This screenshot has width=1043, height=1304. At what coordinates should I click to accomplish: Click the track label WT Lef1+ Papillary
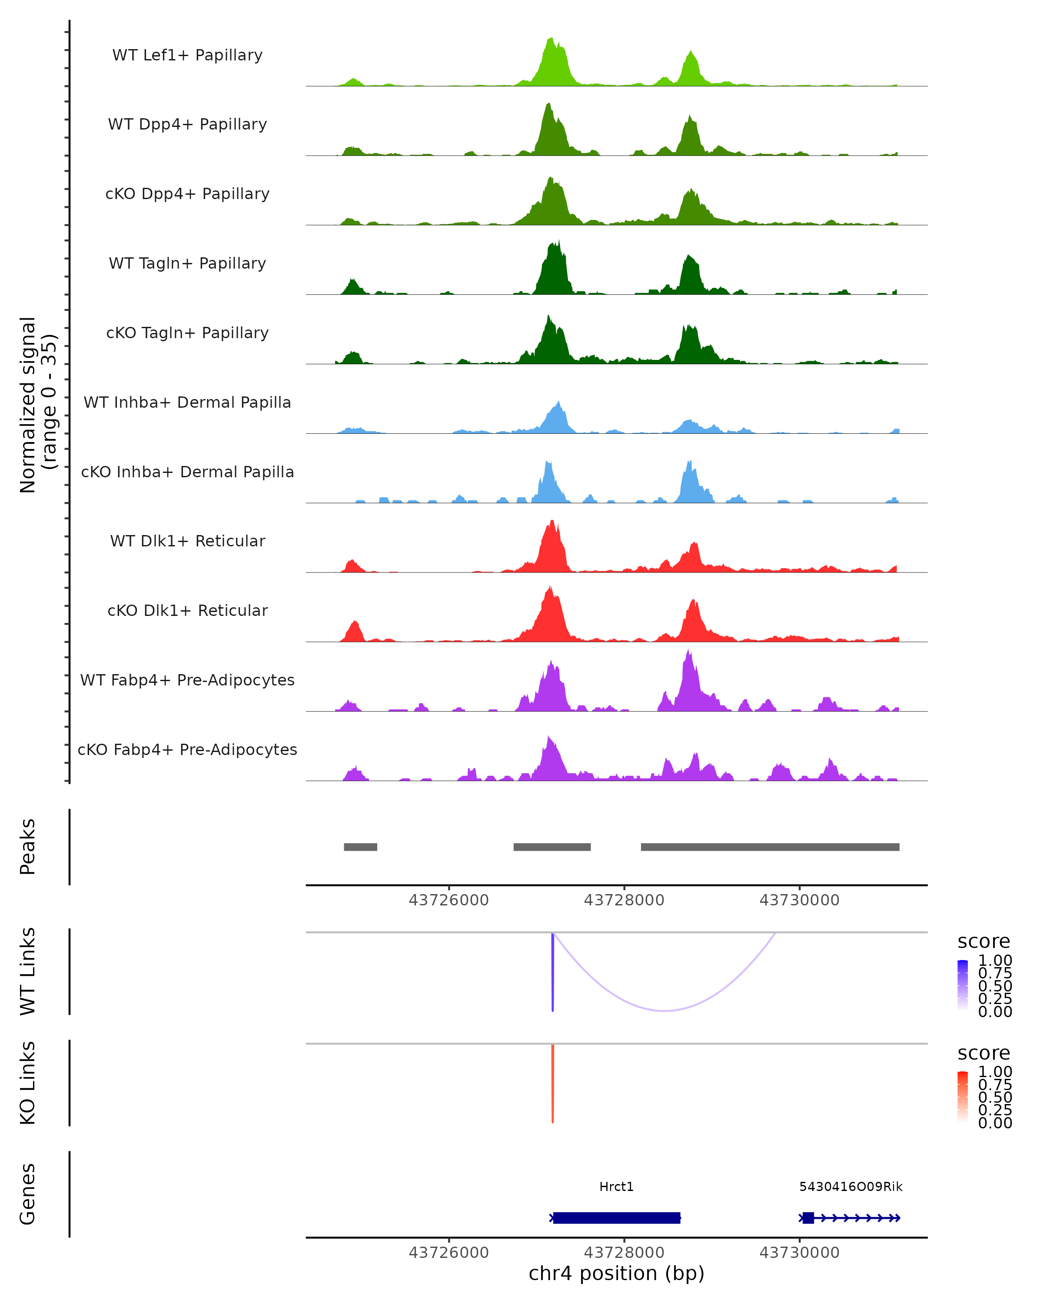pyautogui.click(x=187, y=55)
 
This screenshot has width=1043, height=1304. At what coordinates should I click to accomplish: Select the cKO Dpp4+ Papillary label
pyautogui.click(x=187, y=193)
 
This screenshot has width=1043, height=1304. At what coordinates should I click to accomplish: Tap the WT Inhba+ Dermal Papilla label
pyautogui.click(x=187, y=402)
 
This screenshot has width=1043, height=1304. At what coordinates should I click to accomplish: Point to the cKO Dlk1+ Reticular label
pyautogui.click(x=187, y=610)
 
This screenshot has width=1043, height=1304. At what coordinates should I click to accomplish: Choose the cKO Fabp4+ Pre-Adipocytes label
pyautogui.click(x=187, y=749)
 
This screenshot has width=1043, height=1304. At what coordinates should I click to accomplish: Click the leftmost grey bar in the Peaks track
pyautogui.click(x=360, y=847)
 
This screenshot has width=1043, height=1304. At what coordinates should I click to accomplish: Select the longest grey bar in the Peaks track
pyautogui.click(x=770, y=847)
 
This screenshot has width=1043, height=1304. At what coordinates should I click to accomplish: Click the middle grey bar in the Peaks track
pyautogui.click(x=552, y=847)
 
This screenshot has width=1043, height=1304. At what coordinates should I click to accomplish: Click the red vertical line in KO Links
pyautogui.click(x=553, y=1083)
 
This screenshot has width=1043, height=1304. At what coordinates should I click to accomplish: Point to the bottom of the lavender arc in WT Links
pyautogui.click(x=664, y=1010)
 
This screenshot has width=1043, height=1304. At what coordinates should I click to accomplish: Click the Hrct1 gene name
pyautogui.click(x=616, y=1187)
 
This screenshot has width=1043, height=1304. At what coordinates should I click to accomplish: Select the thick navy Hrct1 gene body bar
pyautogui.click(x=617, y=1218)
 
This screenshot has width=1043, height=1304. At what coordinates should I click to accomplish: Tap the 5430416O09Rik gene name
pyautogui.click(x=851, y=1187)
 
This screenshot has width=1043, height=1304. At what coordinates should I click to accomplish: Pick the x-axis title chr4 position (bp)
pyautogui.click(x=616, y=1273)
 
